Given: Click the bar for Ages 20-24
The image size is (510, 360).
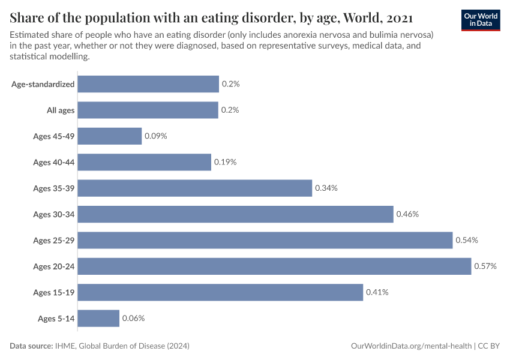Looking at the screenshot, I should [x=274, y=266].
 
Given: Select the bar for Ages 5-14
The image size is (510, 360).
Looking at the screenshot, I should [x=98, y=318].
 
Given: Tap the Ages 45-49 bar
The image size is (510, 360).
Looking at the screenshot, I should [x=110, y=136].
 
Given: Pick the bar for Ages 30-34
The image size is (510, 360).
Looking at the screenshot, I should [x=235, y=214].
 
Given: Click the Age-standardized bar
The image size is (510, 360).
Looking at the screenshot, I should [x=148, y=84].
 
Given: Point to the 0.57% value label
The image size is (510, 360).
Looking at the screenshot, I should [x=485, y=266].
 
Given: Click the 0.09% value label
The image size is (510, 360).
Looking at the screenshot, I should [x=155, y=136].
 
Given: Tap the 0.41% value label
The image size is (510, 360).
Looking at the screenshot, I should [x=377, y=292].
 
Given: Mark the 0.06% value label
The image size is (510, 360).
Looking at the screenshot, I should [x=133, y=318].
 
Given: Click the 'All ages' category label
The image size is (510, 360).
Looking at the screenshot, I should [x=61, y=110].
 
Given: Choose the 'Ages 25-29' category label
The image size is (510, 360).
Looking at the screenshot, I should [x=54, y=241].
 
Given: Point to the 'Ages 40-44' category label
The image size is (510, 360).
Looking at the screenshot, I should [x=54, y=163].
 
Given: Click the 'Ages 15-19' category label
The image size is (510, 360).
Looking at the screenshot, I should [x=54, y=292].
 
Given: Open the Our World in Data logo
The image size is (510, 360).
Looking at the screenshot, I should [x=481, y=19].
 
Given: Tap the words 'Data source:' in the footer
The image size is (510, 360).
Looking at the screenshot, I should [x=32, y=346].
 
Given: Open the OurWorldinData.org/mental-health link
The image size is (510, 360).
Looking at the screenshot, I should [x=411, y=346].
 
